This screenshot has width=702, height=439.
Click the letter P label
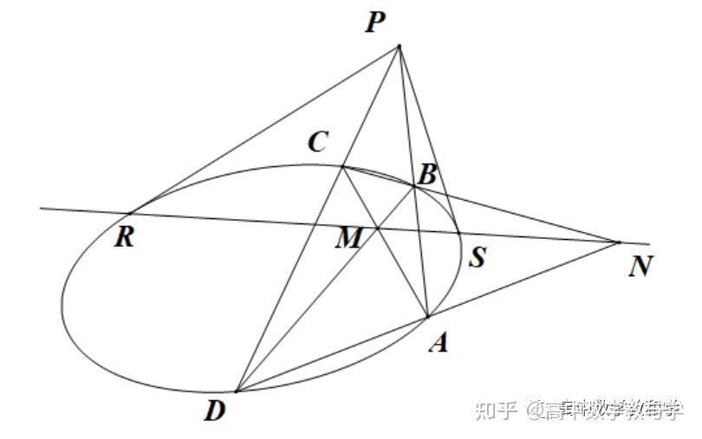pos(375,22)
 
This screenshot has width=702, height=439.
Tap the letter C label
pos(317,143)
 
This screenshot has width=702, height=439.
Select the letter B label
pos(426,174)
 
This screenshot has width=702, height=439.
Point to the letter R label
pos(125,236)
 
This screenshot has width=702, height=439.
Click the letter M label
pos(348,238)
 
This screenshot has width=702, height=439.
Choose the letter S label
pos(476,256)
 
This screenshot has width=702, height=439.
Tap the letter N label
pos(640,266)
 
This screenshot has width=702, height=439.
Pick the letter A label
pos(439,343)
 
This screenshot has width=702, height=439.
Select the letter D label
pos(215,411)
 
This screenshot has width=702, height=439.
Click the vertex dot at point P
pos(399,46)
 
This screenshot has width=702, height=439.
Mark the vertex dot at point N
pos(619,242)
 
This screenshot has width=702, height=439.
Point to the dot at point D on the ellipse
pos(236,391)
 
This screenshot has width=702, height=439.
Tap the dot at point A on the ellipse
pos(428,317)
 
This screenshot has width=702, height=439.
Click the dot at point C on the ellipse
pos(342,165)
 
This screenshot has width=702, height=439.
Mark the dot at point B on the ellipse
pos(414,185)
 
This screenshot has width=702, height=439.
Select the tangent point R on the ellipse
pos(131,213)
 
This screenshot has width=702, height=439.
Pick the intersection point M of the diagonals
pos(379,229)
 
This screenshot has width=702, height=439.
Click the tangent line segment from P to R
pos(264,130)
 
